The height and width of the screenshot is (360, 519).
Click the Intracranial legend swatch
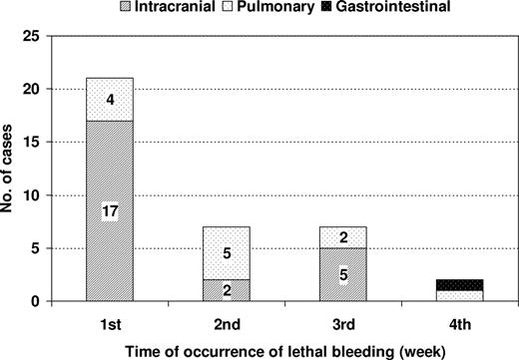coord(152,7)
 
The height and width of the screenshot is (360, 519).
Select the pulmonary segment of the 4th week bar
coord(461,295)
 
